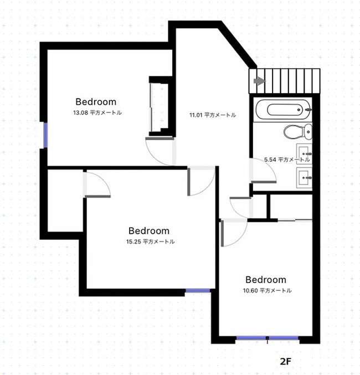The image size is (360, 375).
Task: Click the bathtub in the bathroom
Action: (x=282, y=109)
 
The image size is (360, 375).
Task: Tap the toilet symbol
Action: (x=296, y=132)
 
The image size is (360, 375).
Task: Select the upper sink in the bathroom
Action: (x=304, y=151)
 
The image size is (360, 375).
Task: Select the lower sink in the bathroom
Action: (x=304, y=177)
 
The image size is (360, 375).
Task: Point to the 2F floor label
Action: (x=285, y=361)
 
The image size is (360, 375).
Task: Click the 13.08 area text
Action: (x=97, y=112)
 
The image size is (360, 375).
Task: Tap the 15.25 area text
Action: (x=150, y=242)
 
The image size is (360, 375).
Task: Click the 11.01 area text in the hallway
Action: (x=213, y=115)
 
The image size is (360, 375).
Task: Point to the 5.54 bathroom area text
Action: (x=286, y=160)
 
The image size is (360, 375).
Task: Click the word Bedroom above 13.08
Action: (x=96, y=102)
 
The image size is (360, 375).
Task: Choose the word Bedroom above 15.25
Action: (x=149, y=230)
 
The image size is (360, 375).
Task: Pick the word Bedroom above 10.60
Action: (x=266, y=280)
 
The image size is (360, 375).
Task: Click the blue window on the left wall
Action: (x=46, y=135)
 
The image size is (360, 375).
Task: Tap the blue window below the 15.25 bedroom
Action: (x=198, y=290)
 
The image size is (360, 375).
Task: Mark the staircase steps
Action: (x=289, y=81)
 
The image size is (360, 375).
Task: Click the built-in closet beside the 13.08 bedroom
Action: (x=160, y=106)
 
